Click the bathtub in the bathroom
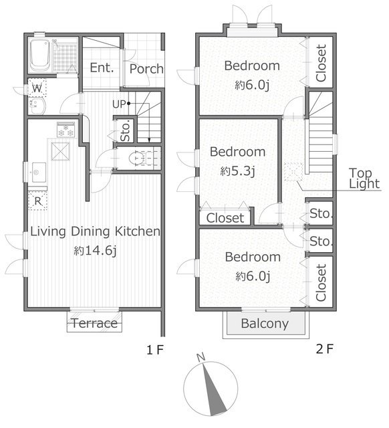[x=40, y=55]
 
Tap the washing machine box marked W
[x=37, y=88]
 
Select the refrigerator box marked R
[x=38, y=201]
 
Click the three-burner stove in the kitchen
[x=66, y=130]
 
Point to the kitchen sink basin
[x=39, y=173]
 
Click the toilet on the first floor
[x=140, y=158]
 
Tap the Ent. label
[x=102, y=68]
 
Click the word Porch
[x=146, y=69]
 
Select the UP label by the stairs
[x=119, y=104]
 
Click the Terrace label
[x=94, y=323]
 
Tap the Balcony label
[x=265, y=324]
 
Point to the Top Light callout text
[x=364, y=179]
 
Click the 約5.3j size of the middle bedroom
[x=237, y=171]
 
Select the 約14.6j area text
[x=95, y=251]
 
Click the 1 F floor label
[x=155, y=350]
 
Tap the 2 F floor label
[x=325, y=349]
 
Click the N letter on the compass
[x=201, y=357]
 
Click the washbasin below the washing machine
[x=37, y=106]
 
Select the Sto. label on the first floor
[x=126, y=132]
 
